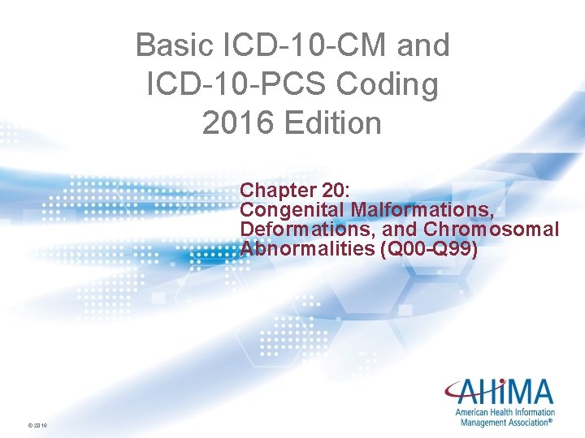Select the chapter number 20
tap(332, 190)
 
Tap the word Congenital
tap(292, 209)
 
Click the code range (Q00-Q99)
tap(428, 248)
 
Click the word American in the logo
tap(473, 412)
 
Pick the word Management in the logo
tap(482, 422)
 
